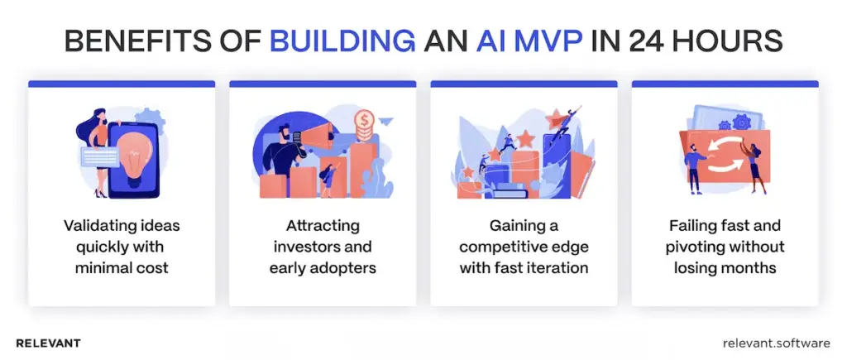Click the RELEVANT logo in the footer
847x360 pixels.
48,343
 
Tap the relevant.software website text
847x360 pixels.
775,343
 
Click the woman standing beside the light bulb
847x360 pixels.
91,153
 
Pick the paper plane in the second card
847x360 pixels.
387,124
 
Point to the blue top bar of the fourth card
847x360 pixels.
725,84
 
